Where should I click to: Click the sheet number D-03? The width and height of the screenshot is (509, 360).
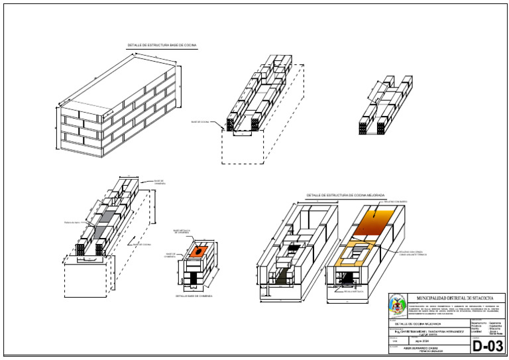point(487,346)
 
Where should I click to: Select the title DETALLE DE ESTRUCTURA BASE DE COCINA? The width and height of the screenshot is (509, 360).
point(162,46)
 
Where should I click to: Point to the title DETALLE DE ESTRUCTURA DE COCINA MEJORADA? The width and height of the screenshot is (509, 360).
point(345,196)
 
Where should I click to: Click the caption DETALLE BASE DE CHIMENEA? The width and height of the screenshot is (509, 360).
point(194,296)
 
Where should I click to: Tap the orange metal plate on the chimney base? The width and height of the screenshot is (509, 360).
point(198,252)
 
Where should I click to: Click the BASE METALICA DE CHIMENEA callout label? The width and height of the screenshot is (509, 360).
point(182,231)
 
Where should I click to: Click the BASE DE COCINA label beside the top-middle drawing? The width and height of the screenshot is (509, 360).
point(200,122)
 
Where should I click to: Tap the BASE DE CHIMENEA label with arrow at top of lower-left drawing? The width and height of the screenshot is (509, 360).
point(159,182)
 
